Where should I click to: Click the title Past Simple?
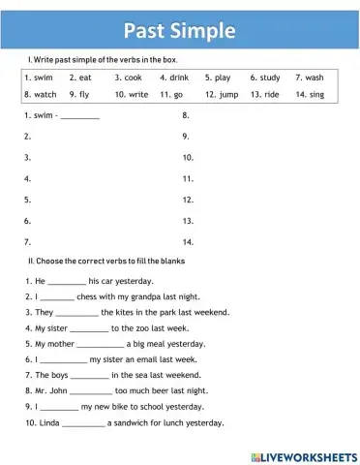coord(180,30)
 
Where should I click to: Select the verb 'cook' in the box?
coord(132,77)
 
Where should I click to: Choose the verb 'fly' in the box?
coord(84,95)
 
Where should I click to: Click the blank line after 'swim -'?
coord(79,117)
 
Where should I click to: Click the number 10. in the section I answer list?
coord(188,157)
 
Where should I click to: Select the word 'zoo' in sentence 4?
coord(139,327)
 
